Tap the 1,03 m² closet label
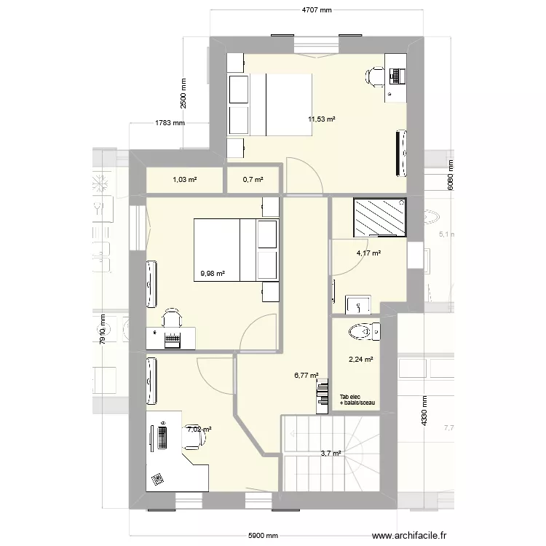click(185, 180)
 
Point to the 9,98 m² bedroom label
click(213, 274)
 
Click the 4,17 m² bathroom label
click(368, 253)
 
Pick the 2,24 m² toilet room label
click(360, 359)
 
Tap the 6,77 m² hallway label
click(306, 376)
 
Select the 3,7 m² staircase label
click(331, 453)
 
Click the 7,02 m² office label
click(199, 430)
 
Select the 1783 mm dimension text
click(170, 123)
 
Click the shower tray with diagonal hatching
click(380, 217)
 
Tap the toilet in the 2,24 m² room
click(361, 333)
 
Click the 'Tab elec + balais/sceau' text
click(356, 400)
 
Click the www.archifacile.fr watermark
click(409, 536)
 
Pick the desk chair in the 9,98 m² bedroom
click(173, 318)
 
